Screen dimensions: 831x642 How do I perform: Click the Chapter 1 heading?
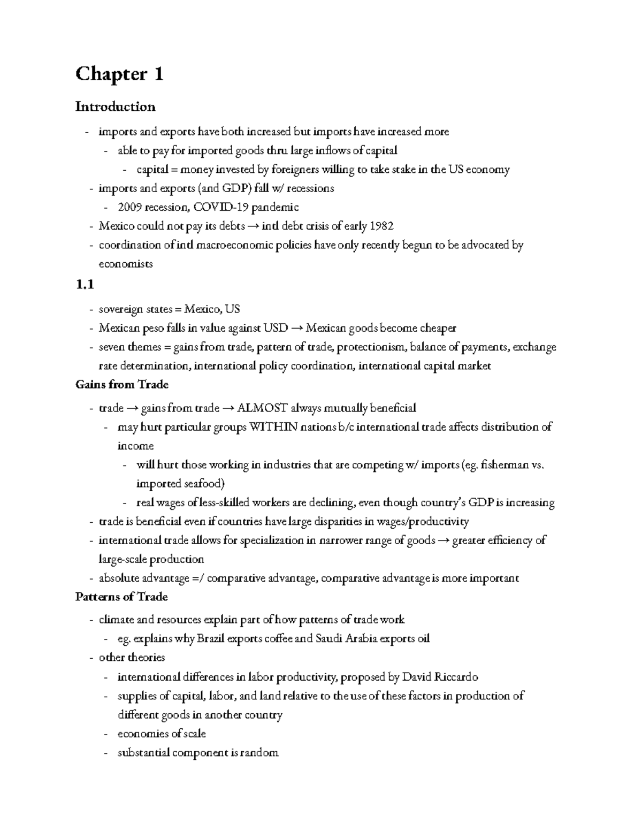coord(119,74)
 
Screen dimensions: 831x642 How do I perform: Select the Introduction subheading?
coord(115,106)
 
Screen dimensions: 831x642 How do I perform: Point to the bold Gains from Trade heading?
coord(122,385)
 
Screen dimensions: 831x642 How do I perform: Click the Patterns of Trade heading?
coord(121,597)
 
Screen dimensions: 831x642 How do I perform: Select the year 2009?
coord(129,207)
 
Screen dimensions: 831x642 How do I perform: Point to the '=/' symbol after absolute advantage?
coord(198,578)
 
